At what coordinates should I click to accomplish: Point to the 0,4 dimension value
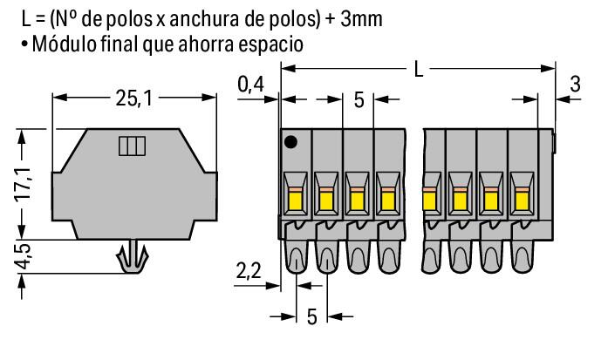tap(252, 84)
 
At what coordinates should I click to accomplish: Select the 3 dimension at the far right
tap(575, 85)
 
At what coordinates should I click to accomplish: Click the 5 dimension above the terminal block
tap(359, 98)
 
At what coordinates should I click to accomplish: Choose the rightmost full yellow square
tap(523, 202)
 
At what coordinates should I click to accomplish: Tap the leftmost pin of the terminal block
tap(296, 256)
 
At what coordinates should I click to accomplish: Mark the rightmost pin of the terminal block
tap(523, 256)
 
